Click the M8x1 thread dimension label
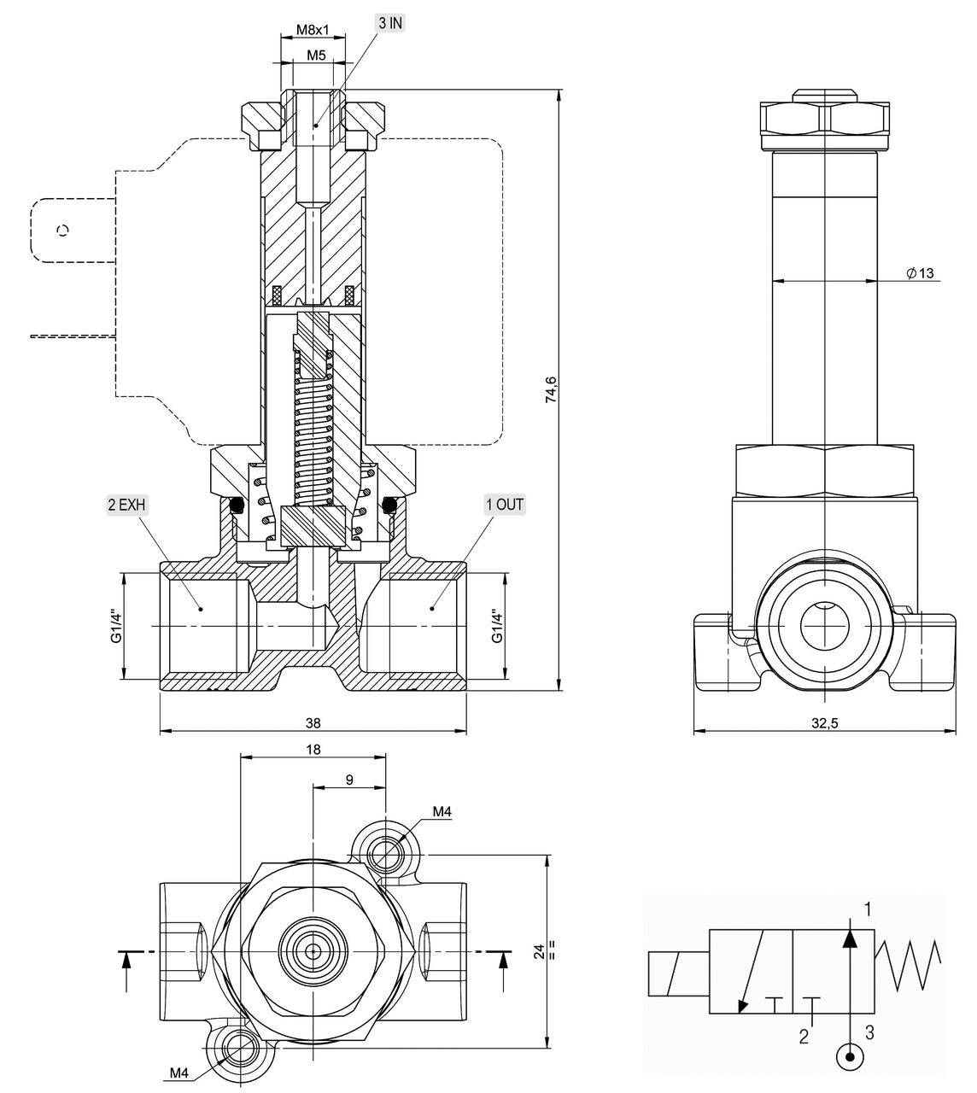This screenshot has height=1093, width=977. click(313, 29)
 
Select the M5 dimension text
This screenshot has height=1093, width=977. click(316, 56)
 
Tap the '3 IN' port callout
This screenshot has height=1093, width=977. click(390, 23)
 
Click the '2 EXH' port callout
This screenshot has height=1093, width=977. click(127, 505)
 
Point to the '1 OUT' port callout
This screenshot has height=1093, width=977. click(504, 505)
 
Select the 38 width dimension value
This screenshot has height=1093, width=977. click(313, 722)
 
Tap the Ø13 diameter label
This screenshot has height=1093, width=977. click(920, 273)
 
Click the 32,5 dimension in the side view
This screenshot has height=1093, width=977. click(824, 722)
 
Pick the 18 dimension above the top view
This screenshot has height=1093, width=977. click(313, 749)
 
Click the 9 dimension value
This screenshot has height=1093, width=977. click(349, 779)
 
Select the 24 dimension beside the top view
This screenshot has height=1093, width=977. click(539, 951)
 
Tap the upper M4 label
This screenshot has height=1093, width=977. click(442, 812)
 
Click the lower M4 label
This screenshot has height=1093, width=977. click(179, 1073)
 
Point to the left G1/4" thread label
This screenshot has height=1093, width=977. click(117, 628)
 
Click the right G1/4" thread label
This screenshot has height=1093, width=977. click(497, 628)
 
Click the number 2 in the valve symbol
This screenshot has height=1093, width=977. click(804, 1037)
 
